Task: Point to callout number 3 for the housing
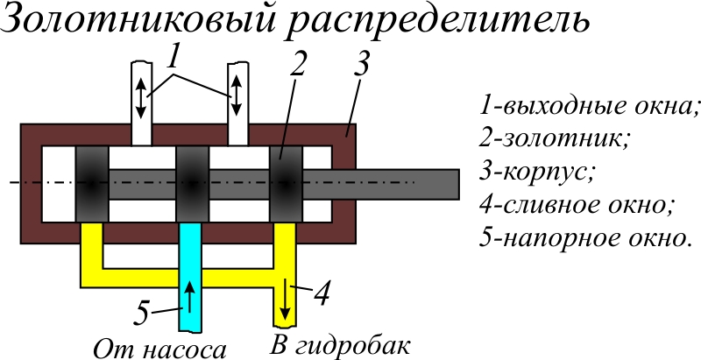pyautogui.click(x=360, y=63)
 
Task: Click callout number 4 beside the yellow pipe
pyautogui.click(x=321, y=293)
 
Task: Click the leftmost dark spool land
pyautogui.click(x=91, y=185)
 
